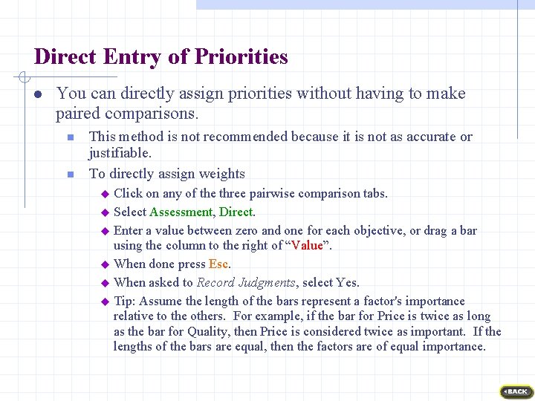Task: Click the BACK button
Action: coord(516,391)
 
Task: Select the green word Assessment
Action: coord(181,212)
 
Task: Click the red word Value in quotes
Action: coord(307,246)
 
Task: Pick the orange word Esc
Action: coord(218,264)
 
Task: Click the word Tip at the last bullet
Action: coord(123,301)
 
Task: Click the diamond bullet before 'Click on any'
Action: coord(105,194)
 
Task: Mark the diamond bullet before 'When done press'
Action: coord(105,264)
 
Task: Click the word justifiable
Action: coord(120,153)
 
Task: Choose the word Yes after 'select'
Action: coord(347,283)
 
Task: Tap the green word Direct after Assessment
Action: coord(236,212)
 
